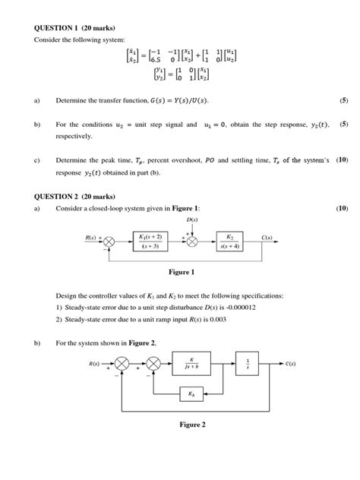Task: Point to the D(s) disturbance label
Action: (193, 221)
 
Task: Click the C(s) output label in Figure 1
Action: (268, 238)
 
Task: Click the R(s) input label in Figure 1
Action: (91, 238)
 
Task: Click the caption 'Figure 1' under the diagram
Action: (182, 272)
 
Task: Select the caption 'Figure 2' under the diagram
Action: (193, 425)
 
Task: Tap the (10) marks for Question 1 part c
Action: (342, 160)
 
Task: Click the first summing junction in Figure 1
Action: (111, 242)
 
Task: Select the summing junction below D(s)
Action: (193, 242)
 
